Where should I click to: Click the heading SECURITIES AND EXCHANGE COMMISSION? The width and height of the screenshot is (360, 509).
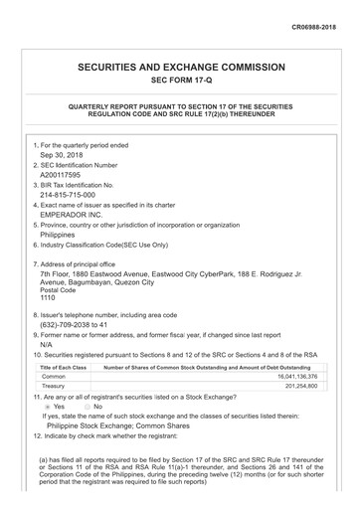pyautogui.click(x=180, y=67)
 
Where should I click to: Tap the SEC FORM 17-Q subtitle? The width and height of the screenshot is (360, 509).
pyautogui.click(x=180, y=81)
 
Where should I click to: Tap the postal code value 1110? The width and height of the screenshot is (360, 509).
pyautogui.click(x=48, y=297)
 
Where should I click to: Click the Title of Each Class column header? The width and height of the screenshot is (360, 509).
pyautogui.click(x=64, y=367)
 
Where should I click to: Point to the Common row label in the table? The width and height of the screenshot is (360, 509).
pyautogui.click(x=54, y=377)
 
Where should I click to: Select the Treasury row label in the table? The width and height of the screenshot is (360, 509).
pyautogui.click(x=56, y=387)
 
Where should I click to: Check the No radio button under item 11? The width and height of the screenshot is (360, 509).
pyautogui.click(x=86, y=407)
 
